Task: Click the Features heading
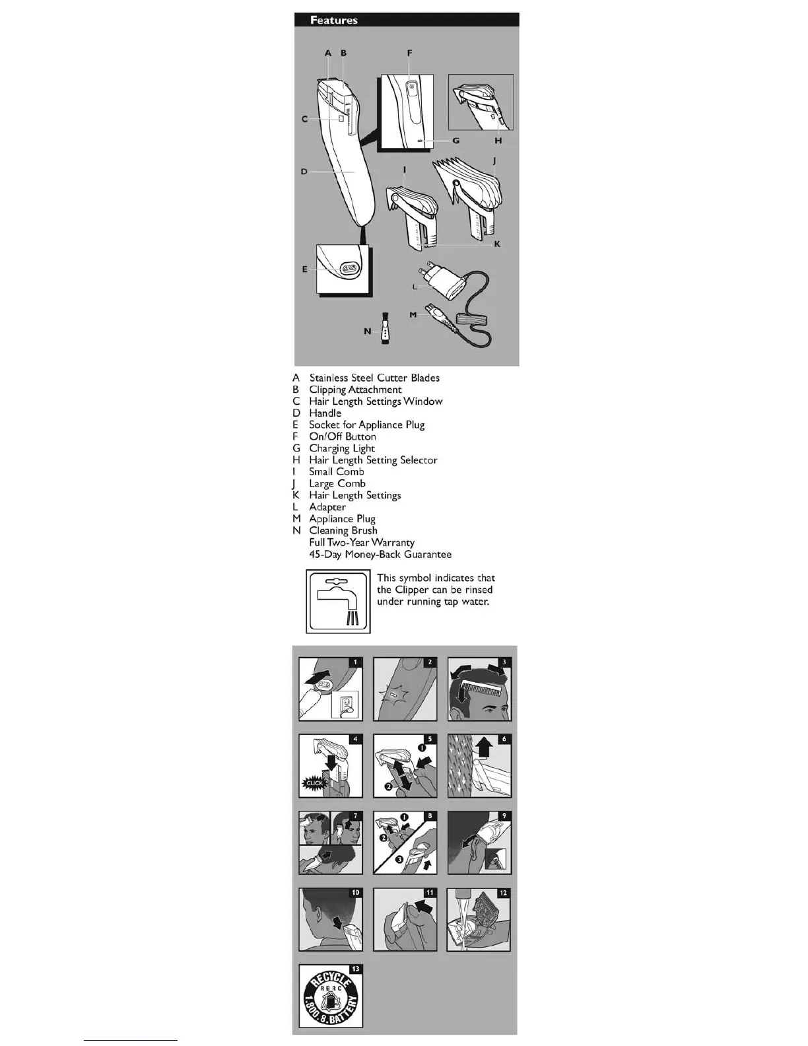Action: pos(334,20)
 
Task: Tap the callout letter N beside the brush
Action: pos(368,331)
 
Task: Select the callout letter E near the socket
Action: pos(305,269)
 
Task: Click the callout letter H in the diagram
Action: pos(498,140)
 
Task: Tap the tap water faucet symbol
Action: pos(338,601)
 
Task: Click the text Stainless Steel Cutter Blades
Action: pos(374,378)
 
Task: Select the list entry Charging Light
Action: pos(341,448)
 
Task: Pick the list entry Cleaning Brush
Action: pos(343,530)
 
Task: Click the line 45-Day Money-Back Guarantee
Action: pos(380,554)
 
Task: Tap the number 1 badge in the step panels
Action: pos(355,662)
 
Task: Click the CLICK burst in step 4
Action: pos(314,783)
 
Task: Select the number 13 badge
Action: pos(355,969)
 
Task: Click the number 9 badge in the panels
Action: pos(504,816)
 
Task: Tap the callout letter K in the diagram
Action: pos(497,244)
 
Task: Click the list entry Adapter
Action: pos(327,507)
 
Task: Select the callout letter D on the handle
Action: pos(304,172)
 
